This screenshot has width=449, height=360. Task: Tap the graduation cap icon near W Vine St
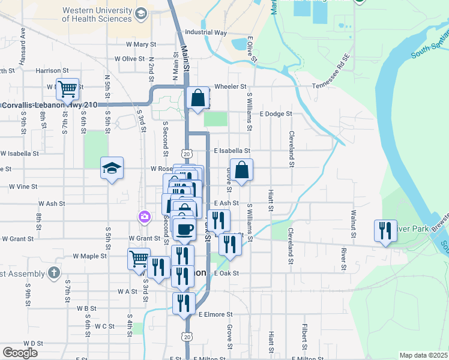point(112,169)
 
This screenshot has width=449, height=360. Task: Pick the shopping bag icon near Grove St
point(241,170)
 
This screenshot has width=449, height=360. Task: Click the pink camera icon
point(144,217)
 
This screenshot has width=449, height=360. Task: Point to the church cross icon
point(55,273)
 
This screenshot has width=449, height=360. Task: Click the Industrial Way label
point(206,32)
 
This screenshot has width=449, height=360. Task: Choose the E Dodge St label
point(276,113)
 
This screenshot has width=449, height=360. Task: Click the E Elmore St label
point(215,314)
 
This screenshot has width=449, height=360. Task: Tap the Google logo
point(20,352)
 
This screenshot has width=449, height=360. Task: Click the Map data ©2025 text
point(423,355)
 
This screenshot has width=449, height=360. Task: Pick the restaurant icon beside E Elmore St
point(184,303)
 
